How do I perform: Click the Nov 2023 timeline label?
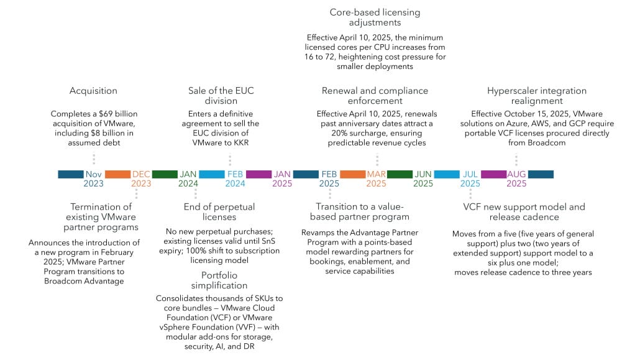click(x=94, y=179)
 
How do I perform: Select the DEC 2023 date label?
click(x=141, y=179)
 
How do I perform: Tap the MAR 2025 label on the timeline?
click(x=376, y=179)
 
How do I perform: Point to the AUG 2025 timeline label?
click(x=516, y=179)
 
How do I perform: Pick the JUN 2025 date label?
click(x=423, y=179)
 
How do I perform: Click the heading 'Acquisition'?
click(x=93, y=91)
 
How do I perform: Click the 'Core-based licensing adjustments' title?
click(x=374, y=17)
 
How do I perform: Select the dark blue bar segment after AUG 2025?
click(x=541, y=175)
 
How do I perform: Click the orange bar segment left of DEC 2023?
click(x=117, y=175)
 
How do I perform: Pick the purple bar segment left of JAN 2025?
click(x=258, y=175)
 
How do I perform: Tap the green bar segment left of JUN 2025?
click(x=400, y=175)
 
